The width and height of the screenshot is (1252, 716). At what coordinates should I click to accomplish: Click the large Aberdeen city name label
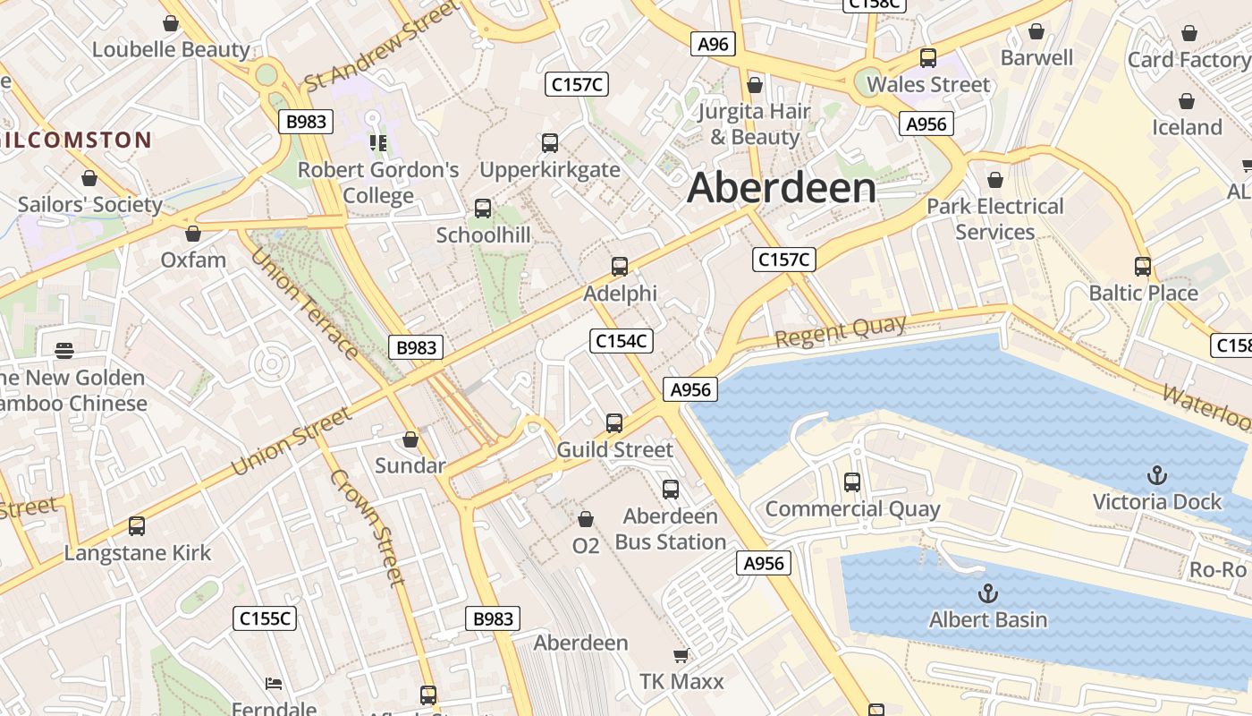click(x=782, y=188)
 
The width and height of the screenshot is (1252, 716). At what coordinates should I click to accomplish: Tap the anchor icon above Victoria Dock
click(x=1157, y=474)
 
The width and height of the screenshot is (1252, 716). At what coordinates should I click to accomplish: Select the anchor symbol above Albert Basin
click(x=988, y=592)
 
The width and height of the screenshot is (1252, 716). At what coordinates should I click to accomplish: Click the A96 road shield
click(x=713, y=44)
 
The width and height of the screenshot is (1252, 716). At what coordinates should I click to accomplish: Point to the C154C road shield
click(x=622, y=341)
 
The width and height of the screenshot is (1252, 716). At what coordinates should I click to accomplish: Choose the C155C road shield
click(x=266, y=618)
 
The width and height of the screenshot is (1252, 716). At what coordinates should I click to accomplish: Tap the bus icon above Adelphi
click(x=619, y=266)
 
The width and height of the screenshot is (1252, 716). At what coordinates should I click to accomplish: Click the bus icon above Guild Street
click(x=614, y=422)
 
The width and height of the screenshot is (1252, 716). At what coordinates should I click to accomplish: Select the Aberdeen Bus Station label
click(x=671, y=529)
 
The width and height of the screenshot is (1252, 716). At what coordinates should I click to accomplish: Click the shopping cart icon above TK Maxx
click(x=681, y=656)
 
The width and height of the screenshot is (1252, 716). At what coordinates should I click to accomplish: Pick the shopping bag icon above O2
click(x=586, y=519)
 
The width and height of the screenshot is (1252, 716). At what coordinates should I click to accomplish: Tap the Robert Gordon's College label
click(x=378, y=183)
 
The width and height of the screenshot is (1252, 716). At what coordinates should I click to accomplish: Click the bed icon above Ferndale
click(x=274, y=685)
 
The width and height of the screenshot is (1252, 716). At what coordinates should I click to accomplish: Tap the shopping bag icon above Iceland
click(x=1187, y=101)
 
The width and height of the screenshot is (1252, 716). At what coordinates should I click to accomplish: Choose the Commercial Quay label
click(x=852, y=509)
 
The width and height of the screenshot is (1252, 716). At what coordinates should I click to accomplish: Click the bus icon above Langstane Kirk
click(x=137, y=526)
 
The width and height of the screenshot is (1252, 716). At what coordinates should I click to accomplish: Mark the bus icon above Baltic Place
click(x=1143, y=266)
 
